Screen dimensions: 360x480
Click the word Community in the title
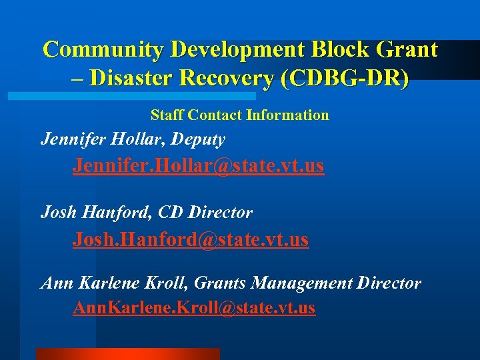coord(103,49)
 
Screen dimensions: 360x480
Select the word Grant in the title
coord(408,49)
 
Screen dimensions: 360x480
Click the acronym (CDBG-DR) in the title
coord(345,79)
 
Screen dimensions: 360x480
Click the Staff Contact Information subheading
coord(240,115)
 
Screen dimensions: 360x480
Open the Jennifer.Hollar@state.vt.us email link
coord(199,165)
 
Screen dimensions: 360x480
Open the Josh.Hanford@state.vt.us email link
coord(191,239)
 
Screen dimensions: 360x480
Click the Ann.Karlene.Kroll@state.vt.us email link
coord(194,308)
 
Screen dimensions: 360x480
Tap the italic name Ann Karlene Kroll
coord(114,283)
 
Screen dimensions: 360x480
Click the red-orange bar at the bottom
coord(127,353)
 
